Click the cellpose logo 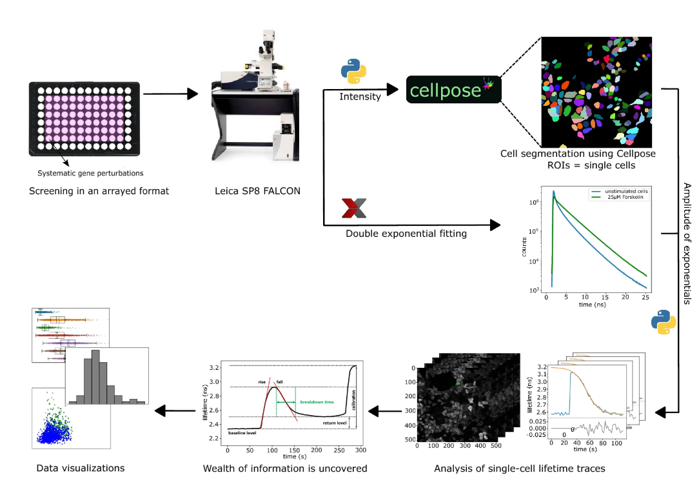pos(453,90)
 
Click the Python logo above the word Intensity pos(353,72)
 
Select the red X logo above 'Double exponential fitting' pos(355,208)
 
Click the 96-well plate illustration pos(84,119)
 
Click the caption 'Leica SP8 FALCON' pos(258,191)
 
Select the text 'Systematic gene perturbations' pos(90,173)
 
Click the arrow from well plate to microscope pos(170,94)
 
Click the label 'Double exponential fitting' pos(406,233)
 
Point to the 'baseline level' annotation pos(242,433)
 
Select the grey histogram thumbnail pos(107,376)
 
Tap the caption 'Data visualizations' pos(81,468)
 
